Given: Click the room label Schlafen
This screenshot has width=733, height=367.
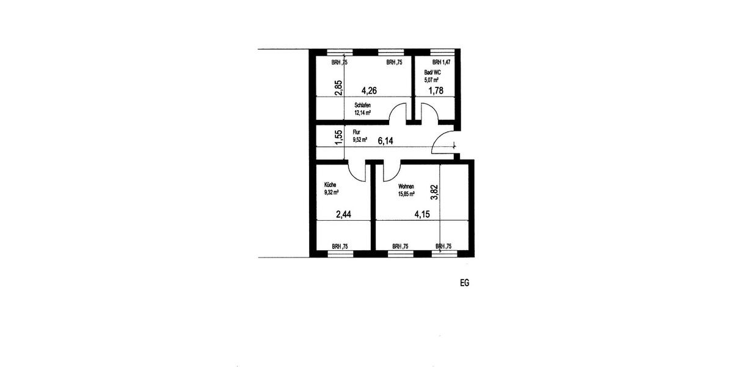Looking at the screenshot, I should (x=363, y=105).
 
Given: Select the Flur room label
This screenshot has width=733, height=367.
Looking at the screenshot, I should (x=357, y=132).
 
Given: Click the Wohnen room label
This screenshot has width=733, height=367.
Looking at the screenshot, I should (x=406, y=187).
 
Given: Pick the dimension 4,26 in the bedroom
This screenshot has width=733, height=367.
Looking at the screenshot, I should (x=368, y=91).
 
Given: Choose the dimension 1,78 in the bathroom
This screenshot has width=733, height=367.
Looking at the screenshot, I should (x=435, y=91).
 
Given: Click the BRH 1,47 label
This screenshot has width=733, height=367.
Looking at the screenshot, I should (x=441, y=63).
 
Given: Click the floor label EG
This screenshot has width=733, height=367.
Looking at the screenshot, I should (x=464, y=283).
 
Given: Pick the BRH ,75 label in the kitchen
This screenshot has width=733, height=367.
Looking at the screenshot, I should (x=340, y=247).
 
